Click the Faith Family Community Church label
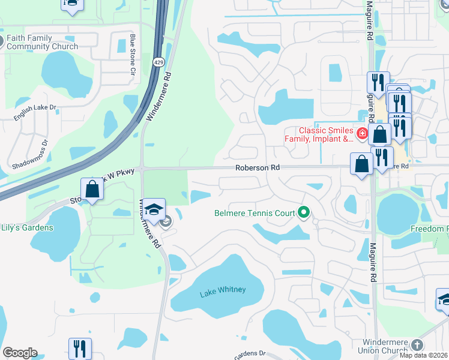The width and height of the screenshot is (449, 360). [42, 42]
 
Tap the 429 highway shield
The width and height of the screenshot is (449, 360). [158, 62]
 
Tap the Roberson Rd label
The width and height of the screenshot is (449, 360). [257, 169]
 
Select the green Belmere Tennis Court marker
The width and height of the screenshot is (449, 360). [304, 212]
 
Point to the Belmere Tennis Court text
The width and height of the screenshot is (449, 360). [255, 212]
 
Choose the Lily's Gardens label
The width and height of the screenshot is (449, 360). [27, 227]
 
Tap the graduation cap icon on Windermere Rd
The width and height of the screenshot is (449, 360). [154, 209]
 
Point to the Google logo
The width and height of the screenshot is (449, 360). [20, 353]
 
